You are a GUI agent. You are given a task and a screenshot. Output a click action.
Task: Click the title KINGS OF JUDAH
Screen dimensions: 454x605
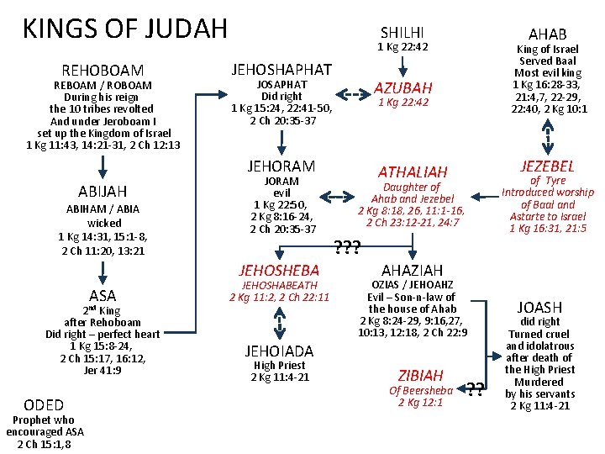[x=124, y=29]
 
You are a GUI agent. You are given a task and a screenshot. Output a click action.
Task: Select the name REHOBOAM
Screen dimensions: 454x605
[x=103, y=71]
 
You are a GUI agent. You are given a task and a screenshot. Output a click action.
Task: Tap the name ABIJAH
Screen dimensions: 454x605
[x=103, y=191]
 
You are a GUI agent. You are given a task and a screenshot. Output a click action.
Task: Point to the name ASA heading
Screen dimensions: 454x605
[x=103, y=295]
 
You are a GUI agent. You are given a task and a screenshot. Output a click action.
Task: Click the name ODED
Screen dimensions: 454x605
[x=45, y=404]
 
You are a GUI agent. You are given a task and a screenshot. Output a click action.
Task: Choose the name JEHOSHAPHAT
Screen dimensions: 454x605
[x=281, y=70]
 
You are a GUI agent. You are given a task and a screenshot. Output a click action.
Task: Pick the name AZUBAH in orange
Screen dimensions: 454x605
[x=403, y=87]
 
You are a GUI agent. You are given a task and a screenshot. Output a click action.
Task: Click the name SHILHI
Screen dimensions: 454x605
[x=402, y=32]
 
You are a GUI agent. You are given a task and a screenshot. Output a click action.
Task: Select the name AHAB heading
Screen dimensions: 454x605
[x=547, y=34]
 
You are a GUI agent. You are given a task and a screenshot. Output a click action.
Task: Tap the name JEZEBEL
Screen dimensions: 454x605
[x=548, y=166]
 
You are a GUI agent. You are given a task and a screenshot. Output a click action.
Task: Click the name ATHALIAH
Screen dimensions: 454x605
[x=413, y=172]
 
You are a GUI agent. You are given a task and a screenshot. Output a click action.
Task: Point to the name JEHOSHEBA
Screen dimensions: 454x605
[x=279, y=270]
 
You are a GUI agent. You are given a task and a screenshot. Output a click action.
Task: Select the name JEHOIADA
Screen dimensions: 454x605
[x=280, y=351]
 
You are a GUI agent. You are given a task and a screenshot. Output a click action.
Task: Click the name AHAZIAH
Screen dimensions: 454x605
[x=412, y=270]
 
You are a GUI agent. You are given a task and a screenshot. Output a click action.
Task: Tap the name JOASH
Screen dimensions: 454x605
[x=540, y=308]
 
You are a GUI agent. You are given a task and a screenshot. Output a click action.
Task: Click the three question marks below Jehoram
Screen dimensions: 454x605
[x=348, y=247]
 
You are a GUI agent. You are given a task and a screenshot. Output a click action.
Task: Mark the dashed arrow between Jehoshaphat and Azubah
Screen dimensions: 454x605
[x=352, y=96]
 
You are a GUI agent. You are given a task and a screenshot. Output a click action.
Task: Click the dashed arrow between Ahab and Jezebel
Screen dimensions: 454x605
[x=548, y=135]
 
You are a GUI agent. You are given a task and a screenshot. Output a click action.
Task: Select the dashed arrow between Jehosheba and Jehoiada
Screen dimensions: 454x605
[x=280, y=320]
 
